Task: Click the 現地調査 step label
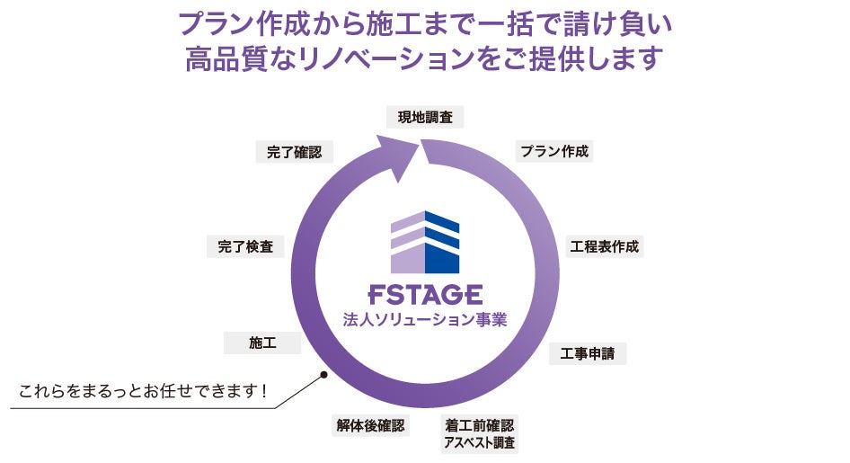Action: pyautogui.click(x=425, y=117)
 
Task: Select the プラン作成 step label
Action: pyautogui.click(x=554, y=151)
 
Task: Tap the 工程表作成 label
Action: pyautogui.click(x=605, y=246)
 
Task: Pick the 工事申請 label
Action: pyautogui.click(x=588, y=353)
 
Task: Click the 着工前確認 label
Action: pyautogui.click(x=480, y=424)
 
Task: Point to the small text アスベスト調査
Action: pyautogui.click(x=480, y=442)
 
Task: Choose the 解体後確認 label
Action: pyautogui.click(x=370, y=425)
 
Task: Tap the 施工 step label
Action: pyautogui.click(x=262, y=343)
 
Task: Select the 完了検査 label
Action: pyautogui.click(x=245, y=246)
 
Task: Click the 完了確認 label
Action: pyautogui.click(x=294, y=152)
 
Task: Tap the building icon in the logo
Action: pyautogui.click(x=425, y=242)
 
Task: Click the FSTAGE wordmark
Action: pyautogui.click(x=425, y=295)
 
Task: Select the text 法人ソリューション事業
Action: pyautogui.click(x=425, y=319)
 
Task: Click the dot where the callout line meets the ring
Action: pyautogui.click(x=322, y=375)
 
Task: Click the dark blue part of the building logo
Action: pyautogui.click(x=441, y=245)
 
